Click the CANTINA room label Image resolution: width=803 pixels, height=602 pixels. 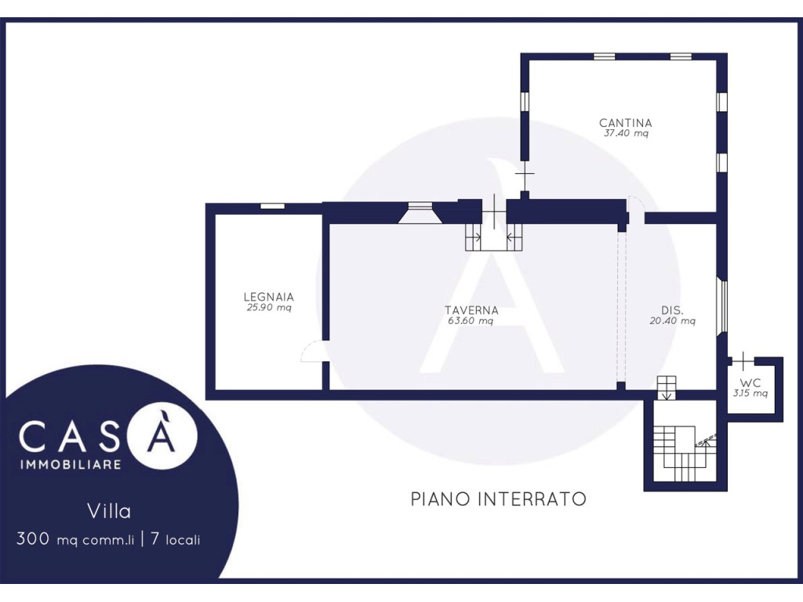pos(625,123)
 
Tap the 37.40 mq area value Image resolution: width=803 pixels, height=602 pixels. pos(625,133)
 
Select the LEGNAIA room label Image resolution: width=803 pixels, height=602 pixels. pos(268,297)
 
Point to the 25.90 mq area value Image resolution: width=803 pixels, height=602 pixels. pos(268,307)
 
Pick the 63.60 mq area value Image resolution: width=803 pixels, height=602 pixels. pos(471,320)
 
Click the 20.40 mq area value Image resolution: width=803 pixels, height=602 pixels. pos(672,320)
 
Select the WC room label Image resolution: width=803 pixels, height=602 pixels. pos(750,383)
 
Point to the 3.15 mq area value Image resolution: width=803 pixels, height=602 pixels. pos(750,393)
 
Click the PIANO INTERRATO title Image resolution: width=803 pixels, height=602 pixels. pos(499,499)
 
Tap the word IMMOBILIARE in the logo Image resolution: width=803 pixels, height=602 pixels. pos(70,465)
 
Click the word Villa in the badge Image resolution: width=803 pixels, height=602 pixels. pos(110,512)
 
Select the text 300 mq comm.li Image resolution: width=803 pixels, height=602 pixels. pos(75,540)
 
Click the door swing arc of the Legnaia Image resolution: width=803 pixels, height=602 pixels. pos(311,353)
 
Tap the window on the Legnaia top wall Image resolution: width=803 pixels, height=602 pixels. pos(272,206)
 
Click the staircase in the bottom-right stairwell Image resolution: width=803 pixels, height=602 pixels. pos(675,453)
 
